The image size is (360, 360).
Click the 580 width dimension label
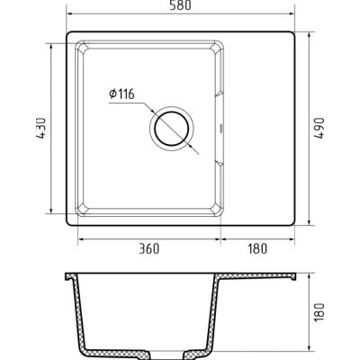point(180,5)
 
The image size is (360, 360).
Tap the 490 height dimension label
point(319,128)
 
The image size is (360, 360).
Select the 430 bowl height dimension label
point(41,128)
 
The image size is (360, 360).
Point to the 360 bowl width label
point(149,248)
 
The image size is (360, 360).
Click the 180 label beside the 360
point(257,248)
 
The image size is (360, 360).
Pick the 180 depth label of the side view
point(319,312)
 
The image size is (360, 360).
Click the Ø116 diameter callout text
point(121,94)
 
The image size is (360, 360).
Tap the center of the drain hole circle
point(172,129)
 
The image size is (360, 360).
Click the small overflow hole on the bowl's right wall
point(221,129)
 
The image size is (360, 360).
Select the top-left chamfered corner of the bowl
point(82,48)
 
